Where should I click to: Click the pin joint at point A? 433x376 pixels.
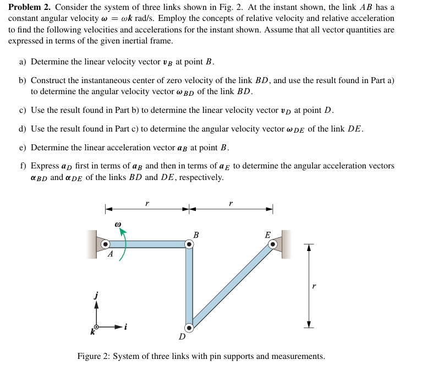pos(105,244)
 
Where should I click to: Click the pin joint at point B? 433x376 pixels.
pos(189,244)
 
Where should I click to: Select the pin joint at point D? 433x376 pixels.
pos(189,328)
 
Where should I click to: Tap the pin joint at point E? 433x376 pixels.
pos(272,244)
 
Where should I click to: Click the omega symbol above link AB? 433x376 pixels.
pos(117,225)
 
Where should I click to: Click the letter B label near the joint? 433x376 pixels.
pos(196,235)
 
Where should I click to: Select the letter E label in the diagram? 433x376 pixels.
pos(267,235)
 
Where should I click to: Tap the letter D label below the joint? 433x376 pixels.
pos(182,336)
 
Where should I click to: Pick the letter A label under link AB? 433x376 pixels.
pos(110,254)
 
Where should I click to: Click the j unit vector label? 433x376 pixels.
pos(96,296)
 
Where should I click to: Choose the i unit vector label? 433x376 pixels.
pos(125,327)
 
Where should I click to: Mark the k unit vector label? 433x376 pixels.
pos(92,333)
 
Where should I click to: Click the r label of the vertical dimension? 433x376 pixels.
pos(314,286)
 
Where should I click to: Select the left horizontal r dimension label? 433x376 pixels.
pos(146,203)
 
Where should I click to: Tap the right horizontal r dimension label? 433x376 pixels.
pos(230,203)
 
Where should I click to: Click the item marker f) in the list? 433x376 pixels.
pos(23,166)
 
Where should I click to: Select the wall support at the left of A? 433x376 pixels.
pos(91,244)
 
